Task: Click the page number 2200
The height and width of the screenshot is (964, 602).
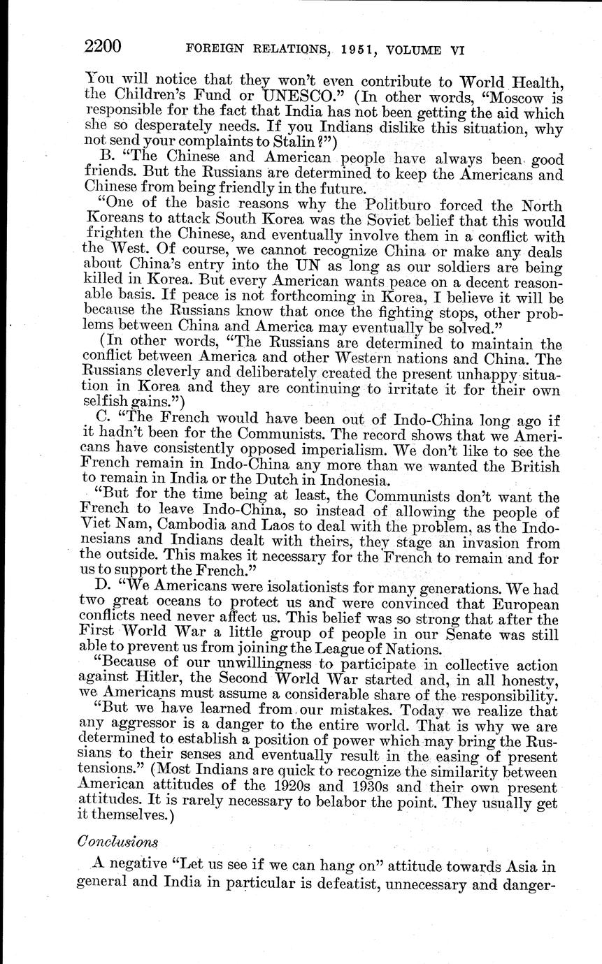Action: [x=103, y=47]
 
